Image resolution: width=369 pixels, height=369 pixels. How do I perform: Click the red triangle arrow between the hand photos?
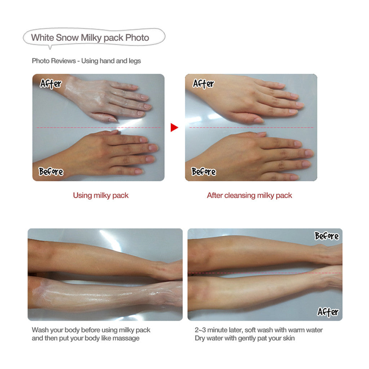point(174,128)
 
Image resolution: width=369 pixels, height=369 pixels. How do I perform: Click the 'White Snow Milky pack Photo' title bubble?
point(94,37)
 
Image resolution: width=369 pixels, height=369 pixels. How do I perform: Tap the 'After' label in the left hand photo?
point(50,84)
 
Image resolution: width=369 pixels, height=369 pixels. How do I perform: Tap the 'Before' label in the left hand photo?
point(51,172)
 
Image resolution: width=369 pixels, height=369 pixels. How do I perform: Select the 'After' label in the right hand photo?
point(204,84)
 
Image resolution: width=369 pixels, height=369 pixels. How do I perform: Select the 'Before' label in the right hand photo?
point(204,172)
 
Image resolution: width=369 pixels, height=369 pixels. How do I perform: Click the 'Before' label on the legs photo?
point(326,236)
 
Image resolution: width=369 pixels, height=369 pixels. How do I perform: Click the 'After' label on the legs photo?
point(328,312)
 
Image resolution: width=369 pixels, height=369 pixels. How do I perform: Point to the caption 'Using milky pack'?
point(101,195)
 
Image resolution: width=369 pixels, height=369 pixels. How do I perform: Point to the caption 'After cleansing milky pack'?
point(249,195)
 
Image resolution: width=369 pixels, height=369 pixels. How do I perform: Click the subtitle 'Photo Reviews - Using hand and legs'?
point(86,61)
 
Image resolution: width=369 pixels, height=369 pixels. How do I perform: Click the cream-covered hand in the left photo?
point(106,99)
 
